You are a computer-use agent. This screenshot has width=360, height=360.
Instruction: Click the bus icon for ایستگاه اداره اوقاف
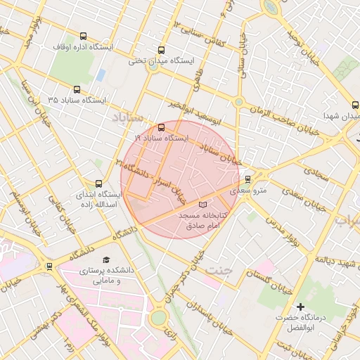click(84, 36)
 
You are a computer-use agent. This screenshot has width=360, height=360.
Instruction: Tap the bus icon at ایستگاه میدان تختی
click(162, 50)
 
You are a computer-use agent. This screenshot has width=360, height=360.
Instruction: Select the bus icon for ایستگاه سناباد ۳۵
click(77, 89)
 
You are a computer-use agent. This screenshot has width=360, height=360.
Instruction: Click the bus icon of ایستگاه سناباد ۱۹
click(162, 127)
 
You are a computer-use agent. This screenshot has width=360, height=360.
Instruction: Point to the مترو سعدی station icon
click(247, 179)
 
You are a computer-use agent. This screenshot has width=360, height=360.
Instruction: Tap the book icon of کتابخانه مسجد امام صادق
click(203, 204)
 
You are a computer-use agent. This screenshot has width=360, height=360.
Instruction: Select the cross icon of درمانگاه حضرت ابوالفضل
click(300, 307)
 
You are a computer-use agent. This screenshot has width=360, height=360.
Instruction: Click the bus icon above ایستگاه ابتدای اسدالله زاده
click(98, 183)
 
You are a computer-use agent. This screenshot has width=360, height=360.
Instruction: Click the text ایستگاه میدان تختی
click(155, 61)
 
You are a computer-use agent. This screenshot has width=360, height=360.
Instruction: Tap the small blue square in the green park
click(101, 74)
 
